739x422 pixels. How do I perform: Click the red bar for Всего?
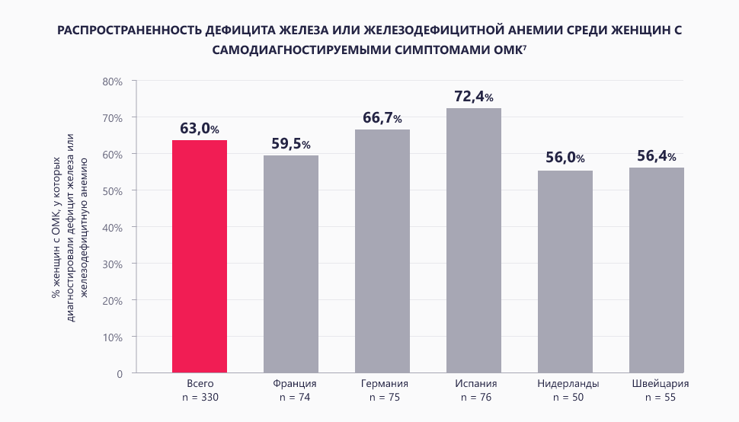pyautogui.click(x=200, y=257)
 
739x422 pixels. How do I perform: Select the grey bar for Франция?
pyautogui.click(x=291, y=264)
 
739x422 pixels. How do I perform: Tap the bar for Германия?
pyautogui.click(x=382, y=251)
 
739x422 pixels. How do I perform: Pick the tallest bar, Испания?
pyautogui.click(x=474, y=241)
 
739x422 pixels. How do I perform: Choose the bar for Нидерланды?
pyautogui.click(x=565, y=272)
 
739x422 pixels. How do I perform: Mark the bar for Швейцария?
pyautogui.click(x=657, y=270)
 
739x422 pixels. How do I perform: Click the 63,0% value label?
pyautogui.click(x=200, y=129)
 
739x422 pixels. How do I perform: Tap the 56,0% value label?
pyautogui.click(x=565, y=158)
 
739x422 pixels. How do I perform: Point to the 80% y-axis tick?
pyautogui.click(x=112, y=81)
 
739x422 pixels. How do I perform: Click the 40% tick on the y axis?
pyautogui.click(x=112, y=227)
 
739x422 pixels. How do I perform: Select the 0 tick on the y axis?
pyautogui.click(x=120, y=373)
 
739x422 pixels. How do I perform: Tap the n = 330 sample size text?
pyautogui.click(x=200, y=397)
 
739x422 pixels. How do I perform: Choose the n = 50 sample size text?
pyautogui.click(x=565, y=397)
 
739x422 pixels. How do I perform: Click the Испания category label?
pyautogui.click(x=474, y=383)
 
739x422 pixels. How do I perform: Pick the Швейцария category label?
pyautogui.click(x=657, y=383)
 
